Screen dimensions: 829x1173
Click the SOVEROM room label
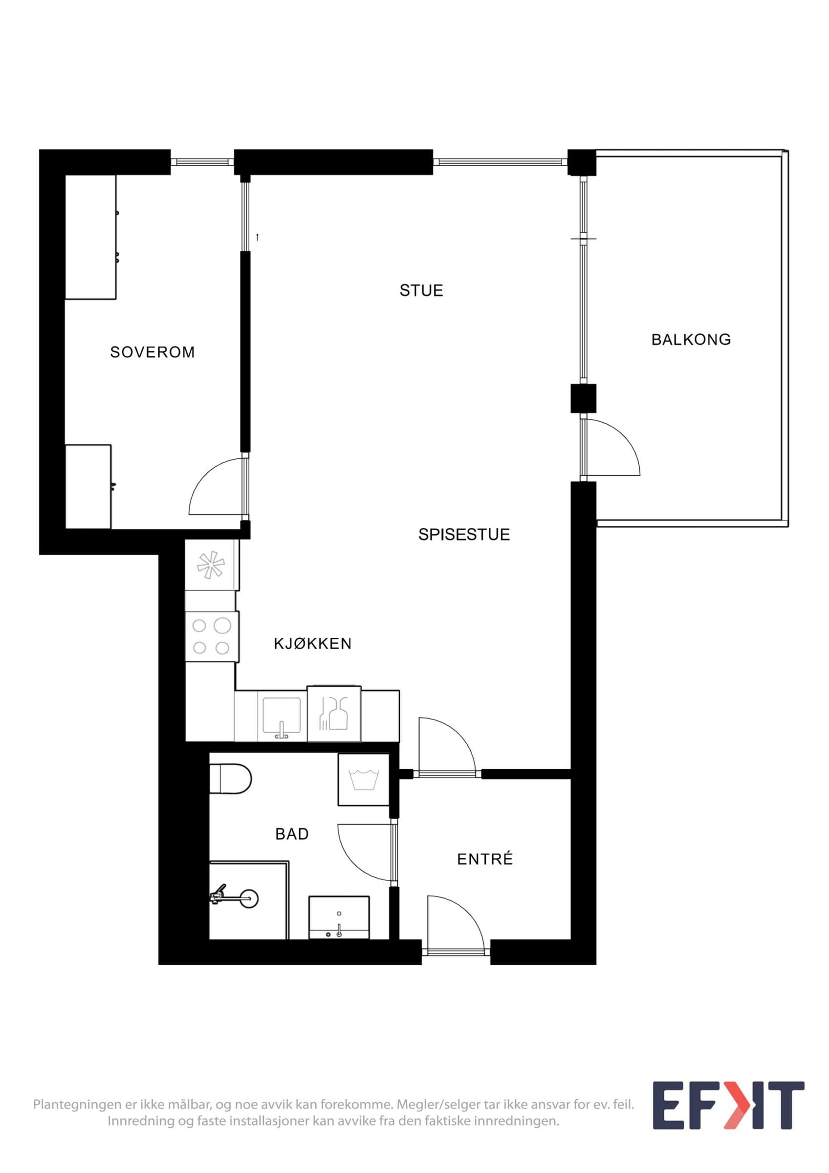(152, 352)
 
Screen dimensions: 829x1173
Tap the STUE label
(421, 290)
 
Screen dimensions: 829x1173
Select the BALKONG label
(691, 339)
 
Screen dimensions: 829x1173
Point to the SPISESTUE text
(464, 534)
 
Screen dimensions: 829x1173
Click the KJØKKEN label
(313, 643)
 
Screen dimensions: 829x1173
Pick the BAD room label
(292, 834)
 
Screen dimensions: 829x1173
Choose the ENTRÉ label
(485, 859)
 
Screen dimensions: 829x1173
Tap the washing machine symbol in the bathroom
(364, 779)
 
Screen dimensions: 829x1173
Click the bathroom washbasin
(339, 917)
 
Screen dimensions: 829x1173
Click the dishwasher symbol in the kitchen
(334, 714)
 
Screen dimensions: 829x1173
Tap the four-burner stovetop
(211, 636)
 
